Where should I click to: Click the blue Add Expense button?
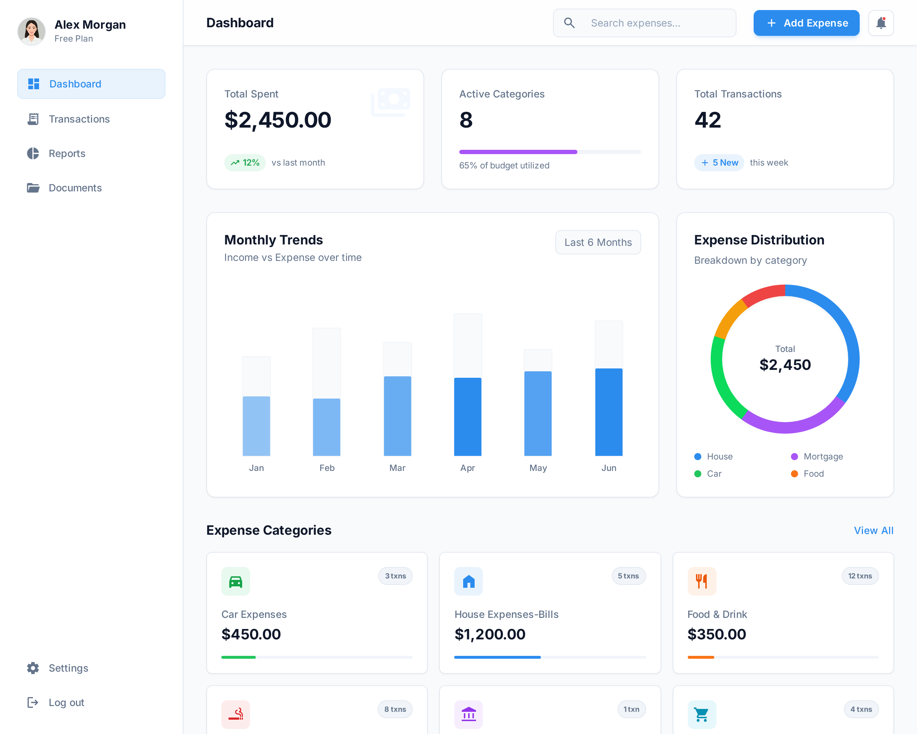click(806, 23)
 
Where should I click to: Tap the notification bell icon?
click(880, 23)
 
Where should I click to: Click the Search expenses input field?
click(651, 23)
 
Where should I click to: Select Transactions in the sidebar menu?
click(79, 119)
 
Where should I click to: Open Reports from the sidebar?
click(67, 154)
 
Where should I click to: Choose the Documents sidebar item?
click(75, 188)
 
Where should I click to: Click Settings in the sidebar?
click(68, 668)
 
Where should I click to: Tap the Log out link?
click(66, 702)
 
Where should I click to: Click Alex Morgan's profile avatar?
click(32, 31)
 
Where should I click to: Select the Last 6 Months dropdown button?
click(597, 243)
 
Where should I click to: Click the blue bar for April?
click(467, 417)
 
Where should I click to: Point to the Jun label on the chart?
click(609, 468)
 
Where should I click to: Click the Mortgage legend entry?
click(822, 457)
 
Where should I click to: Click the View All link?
click(873, 530)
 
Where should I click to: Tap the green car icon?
click(236, 581)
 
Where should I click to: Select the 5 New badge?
click(719, 163)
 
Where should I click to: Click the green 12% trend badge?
click(245, 163)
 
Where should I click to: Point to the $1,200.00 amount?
click(490, 634)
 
